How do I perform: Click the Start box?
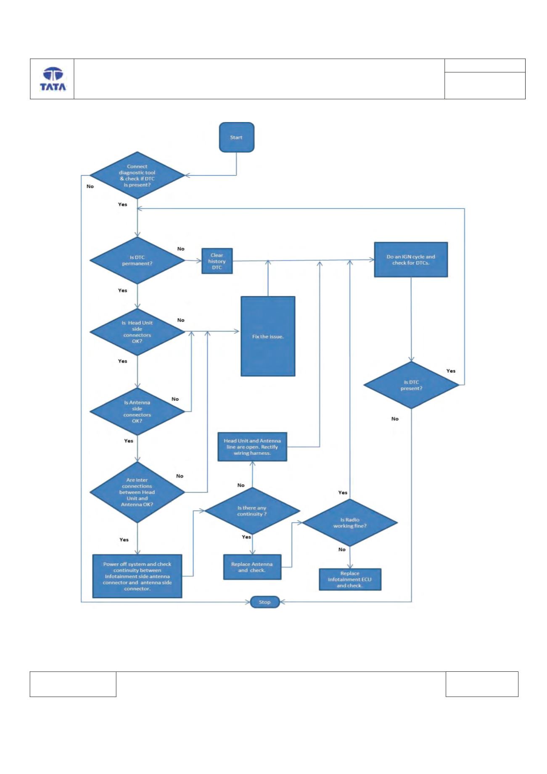pyautogui.click(x=237, y=137)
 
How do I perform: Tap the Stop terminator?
pyautogui.click(x=265, y=602)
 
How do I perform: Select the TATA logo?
pyautogui.click(x=52, y=79)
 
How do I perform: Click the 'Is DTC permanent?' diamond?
pyautogui.click(x=137, y=260)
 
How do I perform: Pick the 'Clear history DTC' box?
pyautogui.click(x=217, y=261)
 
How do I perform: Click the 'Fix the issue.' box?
pyautogui.click(x=268, y=336)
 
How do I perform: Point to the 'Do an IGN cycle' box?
pyautogui.click(x=411, y=260)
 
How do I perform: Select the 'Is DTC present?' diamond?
pyautogui.click(x=411, y=385)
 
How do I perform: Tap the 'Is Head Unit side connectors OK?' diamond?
pyautogui.click(x=137, y=332)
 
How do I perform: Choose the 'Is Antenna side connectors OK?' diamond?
pyautogui.click(x=137, y=411)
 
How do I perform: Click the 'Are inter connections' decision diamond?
pyautogui.click(x=137, y=492)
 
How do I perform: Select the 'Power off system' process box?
pyautogui.click(x=137, y=576)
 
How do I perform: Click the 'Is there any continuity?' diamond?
pyautogui.click(x=252, y=511)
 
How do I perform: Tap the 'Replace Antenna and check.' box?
pyautogui.click(x=252, y=567)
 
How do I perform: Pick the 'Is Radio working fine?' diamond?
pyautogui.click(x=350, y=523)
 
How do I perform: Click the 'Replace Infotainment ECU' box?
pyautogui.click(x=350, y=579)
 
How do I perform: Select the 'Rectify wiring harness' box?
pyautogui.click(x=252, y=446)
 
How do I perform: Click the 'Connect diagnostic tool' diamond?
pyautogui.click(x=137, y=175)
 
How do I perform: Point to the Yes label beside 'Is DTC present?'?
pyautogui.click(x=451, y=371)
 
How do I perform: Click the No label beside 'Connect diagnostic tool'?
pyautogui.click(x=90, y=186)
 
